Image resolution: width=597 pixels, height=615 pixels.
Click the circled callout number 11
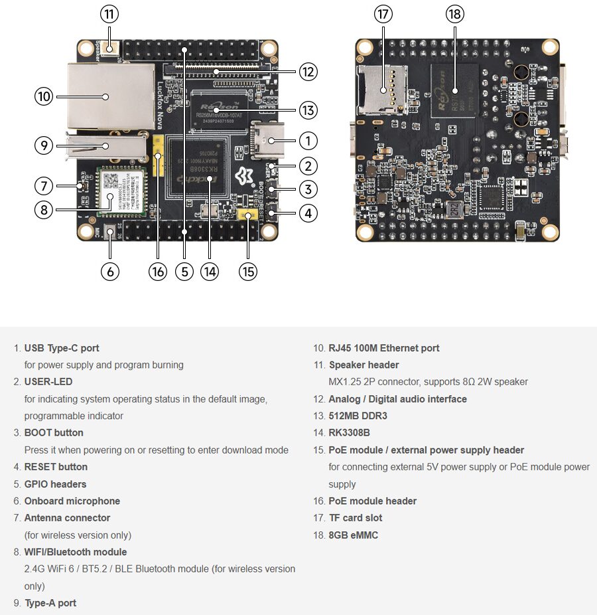pyautogui.click(x=109, y=14)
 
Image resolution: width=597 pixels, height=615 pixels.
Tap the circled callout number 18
pyautogui.click(x=455, y=14)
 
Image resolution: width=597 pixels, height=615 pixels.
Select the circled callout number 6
pyautogui.click(x=109, y=272)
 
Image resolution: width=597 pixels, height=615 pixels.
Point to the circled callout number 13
pyautogui.click(x=308, y=110)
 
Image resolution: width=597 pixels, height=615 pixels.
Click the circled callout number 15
pyautogui.click(x=247, y=272)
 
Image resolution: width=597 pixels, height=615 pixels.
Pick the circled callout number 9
pyautogui.click(x=43, y=145)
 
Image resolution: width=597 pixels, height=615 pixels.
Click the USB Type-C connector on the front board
pyautogui.click(x=269, y=140)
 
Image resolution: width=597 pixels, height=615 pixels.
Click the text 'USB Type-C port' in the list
pyautogui.click(x=62, y=348)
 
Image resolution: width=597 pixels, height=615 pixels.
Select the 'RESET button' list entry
pyautogui.click(x=56, y=467)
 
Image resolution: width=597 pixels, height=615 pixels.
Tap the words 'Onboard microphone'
pyautogui.click(x=72, y=501)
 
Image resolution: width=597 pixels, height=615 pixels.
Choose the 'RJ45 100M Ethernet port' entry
pyautogui.click(x=384, y=348)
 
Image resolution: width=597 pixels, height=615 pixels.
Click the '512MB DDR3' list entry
pyautogui.click(x=358, y=416)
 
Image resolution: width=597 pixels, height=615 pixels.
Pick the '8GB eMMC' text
pyautogui.click(x=354, y=535)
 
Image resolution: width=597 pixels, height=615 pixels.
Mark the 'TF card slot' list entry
pyautogui.click(x=356, y=518)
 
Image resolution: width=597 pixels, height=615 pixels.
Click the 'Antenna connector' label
pyautogui.click(x=67, y=518)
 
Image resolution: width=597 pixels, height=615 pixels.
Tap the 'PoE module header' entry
pyautogui.click(x=372, y=501)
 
